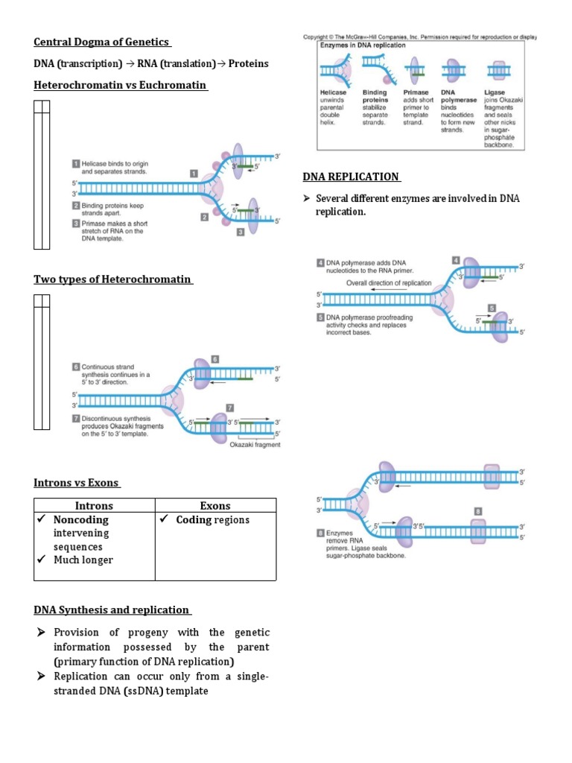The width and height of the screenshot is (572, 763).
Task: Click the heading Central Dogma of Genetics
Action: pyautogui.click(x=102, y=42)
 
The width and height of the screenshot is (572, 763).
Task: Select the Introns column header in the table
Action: pyautogui.click(x=94, y=505)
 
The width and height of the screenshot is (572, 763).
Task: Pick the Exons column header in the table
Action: pyautogui.click(x=215, y=505)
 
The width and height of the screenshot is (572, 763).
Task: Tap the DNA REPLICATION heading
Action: pyautogui.click(x=351, y=177)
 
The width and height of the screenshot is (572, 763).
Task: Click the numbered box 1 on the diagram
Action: pyautogui.click(x=193, y=174)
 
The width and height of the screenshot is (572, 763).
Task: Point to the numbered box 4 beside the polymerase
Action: pyautogui.click(x=455, y=259)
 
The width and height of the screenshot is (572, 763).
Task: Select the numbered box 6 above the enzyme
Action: pyautogui.click(x=214, y=359)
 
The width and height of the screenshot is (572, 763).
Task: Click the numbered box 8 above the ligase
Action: pyautogui.click(x=478, y=511)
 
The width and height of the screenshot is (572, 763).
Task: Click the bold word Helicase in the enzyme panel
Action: pyautogui.click(x=334, y=92)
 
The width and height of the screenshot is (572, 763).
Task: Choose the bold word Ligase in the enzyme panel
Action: pyautogui.click(x=495, y=92)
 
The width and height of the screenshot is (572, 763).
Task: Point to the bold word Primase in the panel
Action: pyautogui.click(x=416, y=92)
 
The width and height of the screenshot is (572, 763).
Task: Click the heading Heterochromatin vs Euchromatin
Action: pyautogui.click(x=120, y=85)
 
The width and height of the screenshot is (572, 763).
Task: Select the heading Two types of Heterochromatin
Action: pyautogui.click(x=112, y=279)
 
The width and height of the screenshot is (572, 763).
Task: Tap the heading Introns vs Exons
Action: pyautogui.click(x=77, y=483)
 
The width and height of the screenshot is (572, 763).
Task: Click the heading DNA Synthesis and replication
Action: pyautogui.click(x=112, y=610)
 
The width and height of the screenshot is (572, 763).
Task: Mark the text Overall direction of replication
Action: pyautogui.click(x=388, y=283)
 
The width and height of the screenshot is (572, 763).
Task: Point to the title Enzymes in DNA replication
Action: pyautogui.click(x=363, y=45)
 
